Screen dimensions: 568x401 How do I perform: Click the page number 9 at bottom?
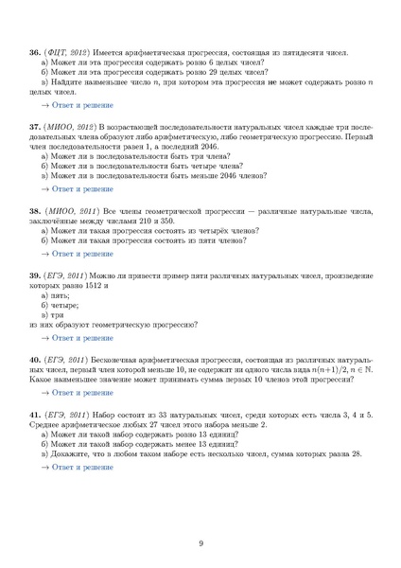[200, 541]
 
